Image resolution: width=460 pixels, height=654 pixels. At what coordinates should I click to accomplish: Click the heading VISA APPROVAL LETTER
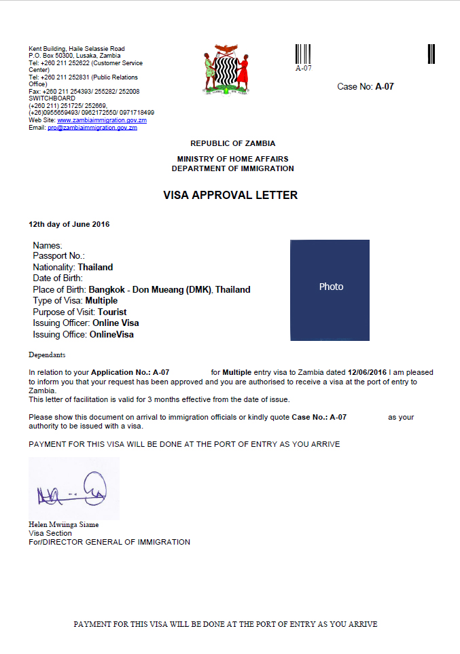click(230, 195)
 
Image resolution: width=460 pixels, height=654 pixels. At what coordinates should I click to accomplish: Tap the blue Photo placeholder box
click(331, 289)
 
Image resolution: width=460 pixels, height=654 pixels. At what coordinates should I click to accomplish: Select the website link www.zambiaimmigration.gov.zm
click(107, 120)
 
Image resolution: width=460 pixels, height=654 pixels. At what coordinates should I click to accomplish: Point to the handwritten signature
click(73, 491)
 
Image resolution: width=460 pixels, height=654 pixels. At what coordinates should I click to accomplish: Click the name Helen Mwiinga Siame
click(63, 524)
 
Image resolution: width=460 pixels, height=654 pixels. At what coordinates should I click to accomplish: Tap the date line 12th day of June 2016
click(69, 224)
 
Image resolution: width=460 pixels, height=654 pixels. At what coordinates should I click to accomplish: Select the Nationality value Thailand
click(96, 267)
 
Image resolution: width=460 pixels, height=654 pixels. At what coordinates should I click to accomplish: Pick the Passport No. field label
click(58, 256)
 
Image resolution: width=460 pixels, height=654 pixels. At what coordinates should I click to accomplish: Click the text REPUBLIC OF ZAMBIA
click(232, 143)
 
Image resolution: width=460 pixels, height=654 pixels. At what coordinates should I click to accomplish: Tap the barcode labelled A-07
click(303, 54)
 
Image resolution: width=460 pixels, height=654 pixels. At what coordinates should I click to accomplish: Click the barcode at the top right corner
click(431, 54)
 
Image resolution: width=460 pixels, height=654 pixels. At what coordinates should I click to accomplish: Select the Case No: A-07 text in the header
click(366, 86)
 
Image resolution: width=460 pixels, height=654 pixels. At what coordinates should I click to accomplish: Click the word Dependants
click(48, 355)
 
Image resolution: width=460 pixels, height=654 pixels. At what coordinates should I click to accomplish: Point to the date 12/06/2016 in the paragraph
click(367, 373)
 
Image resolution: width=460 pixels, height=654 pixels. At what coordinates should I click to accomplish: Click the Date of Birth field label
click(58, 278)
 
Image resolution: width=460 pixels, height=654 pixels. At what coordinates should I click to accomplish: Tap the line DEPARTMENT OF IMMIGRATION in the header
click(232, 168)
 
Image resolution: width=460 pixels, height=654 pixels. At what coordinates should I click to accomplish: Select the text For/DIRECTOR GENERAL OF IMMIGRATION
click(109, 542)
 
